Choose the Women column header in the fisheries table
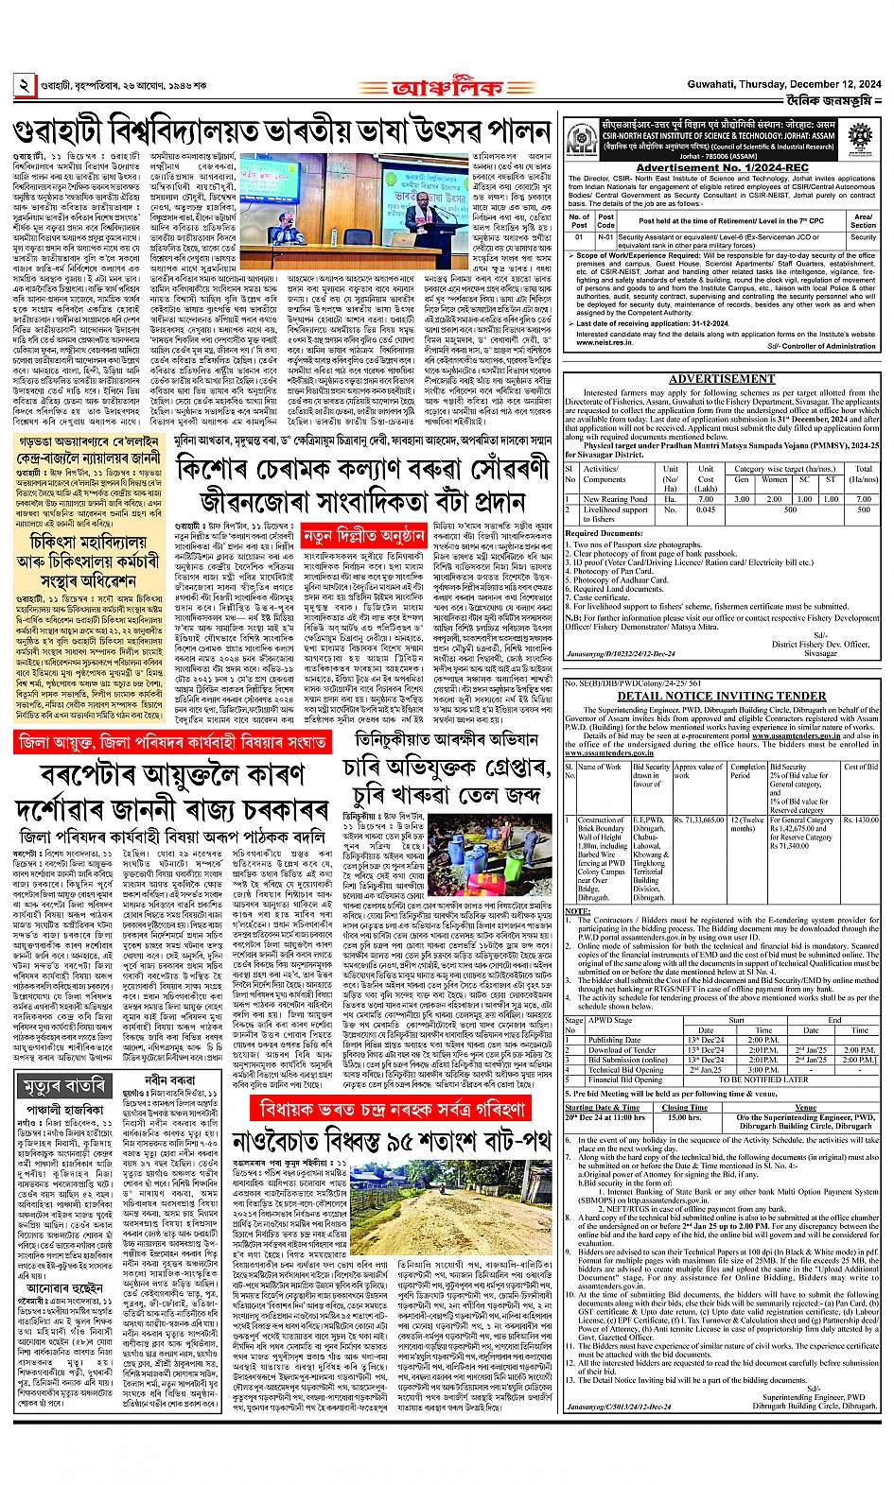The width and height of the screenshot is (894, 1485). pyautogui.click(x=775, y=479)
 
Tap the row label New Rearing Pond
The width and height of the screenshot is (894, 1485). pyautogui.click(x=615, y=499)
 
